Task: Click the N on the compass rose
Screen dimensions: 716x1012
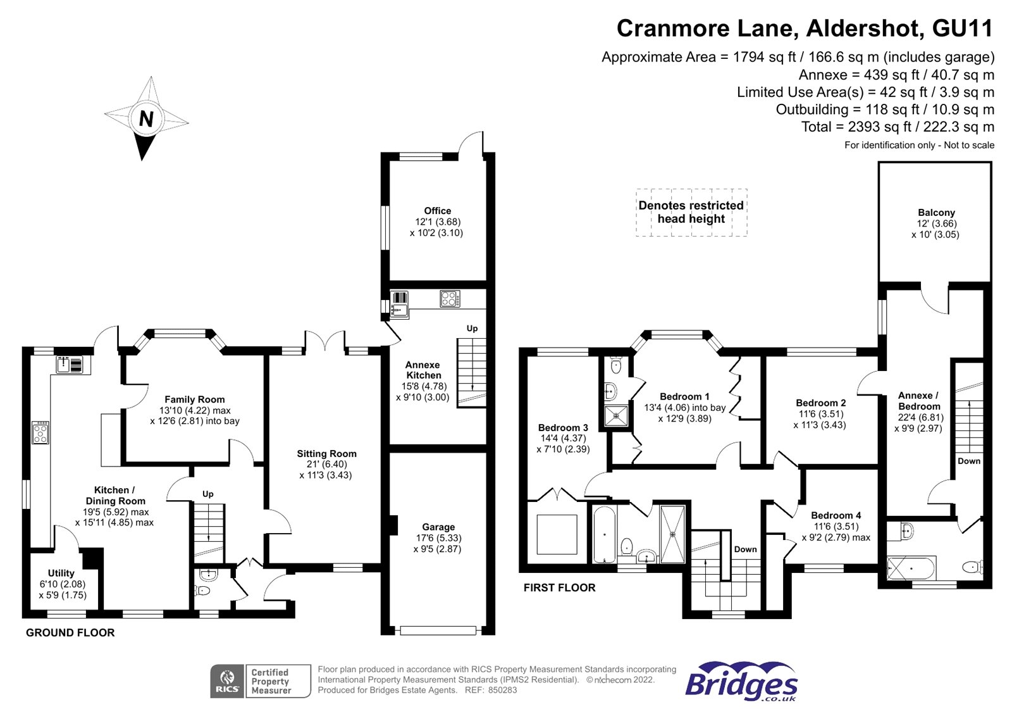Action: coord(146,118)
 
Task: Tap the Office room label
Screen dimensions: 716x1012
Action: coord(437,211)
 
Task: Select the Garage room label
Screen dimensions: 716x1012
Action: coord(438,527)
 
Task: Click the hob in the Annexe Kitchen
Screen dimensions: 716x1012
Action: coord(450,298)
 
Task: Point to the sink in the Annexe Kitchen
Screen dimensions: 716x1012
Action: coord(400,303)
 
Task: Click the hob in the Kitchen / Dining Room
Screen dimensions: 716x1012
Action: coord(40,433)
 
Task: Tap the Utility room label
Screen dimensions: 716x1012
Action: coord(61,573)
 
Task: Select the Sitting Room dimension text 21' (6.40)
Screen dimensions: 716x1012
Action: coord(326,464)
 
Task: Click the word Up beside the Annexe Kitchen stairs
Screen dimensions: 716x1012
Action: coord(472,329)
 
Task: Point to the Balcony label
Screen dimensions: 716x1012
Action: coord(936,213)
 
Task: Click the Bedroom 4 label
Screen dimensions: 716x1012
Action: coord(836,515)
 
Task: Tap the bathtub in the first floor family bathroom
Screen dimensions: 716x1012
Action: coord(604,534)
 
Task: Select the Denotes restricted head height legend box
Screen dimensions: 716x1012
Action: coord(691,213)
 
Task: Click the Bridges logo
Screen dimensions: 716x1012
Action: coord(741,682)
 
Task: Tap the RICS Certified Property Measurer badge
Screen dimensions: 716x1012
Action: coord(260,681)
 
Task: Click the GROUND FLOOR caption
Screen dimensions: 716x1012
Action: coord(70,632)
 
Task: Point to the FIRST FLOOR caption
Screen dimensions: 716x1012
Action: coord(559,587)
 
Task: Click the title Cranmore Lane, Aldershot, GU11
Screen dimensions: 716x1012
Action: coord(805,28)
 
